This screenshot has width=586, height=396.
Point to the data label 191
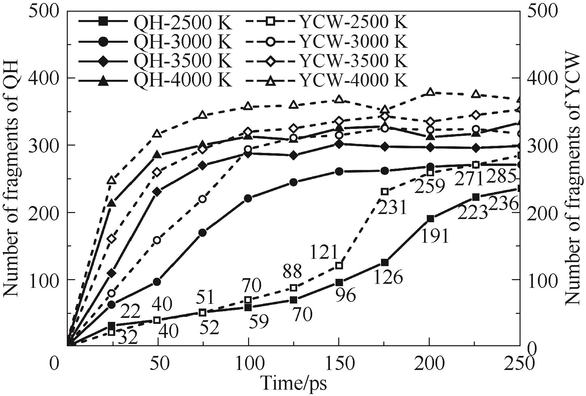pos(434,236)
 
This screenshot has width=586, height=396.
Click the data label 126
pos(388,277)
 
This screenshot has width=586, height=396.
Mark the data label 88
pos(292,271)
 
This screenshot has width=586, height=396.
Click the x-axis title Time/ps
pos(294,383)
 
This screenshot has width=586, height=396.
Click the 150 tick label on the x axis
pos(339,364)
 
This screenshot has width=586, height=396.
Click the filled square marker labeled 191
pos(430,219)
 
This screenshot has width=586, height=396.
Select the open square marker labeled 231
pos(385,192)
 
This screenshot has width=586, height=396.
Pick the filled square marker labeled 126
pos(385,262)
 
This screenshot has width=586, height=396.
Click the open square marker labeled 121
pos(339,266)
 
